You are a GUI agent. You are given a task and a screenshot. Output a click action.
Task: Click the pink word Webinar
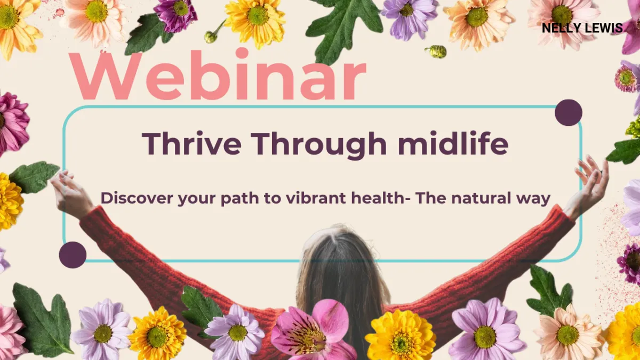pos(217,74)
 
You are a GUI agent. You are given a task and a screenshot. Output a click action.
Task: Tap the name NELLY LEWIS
pos(582,28)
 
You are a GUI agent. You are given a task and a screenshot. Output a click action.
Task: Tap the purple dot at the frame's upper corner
pos(569,113)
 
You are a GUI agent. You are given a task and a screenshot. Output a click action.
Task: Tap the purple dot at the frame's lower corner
pos(73,255)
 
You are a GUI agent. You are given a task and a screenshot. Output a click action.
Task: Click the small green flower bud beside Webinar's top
pos(436,51)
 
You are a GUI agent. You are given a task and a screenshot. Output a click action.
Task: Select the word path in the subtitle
pos(239,198)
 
